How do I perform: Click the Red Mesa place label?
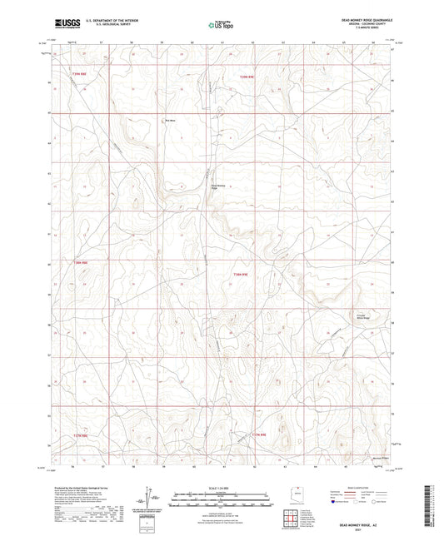pyautogui.click(x=170, y=120)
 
